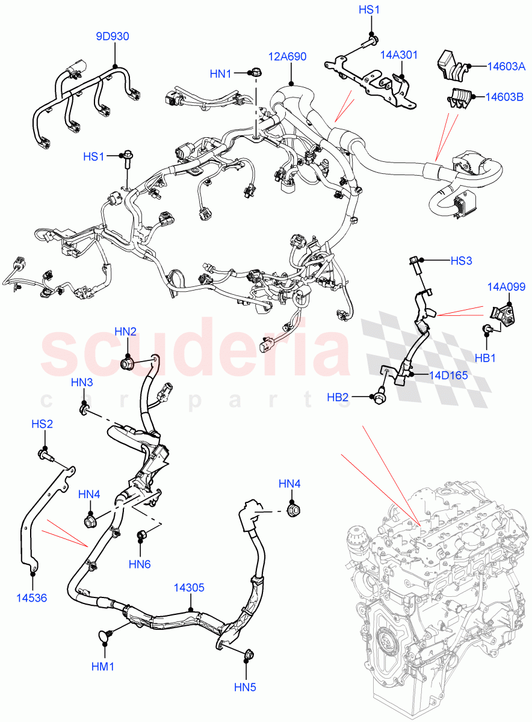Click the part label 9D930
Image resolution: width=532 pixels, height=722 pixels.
pos(113,37)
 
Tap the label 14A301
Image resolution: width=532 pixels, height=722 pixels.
pos(398,54)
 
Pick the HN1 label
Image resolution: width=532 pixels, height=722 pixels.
pos(221,73)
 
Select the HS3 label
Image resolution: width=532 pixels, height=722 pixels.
pos(462,261)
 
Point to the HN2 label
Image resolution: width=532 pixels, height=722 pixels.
pos(126,331)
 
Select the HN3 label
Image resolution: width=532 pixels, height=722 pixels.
pos(81,382)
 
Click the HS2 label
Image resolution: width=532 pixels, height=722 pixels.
pos(42,424)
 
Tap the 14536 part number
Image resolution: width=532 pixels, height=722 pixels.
pos(32,598)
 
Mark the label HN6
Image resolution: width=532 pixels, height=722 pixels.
pos(140,564)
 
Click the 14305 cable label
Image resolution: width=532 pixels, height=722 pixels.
pos(189,586)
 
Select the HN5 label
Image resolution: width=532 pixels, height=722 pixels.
pos(246,687)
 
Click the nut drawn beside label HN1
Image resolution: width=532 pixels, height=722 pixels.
pos(256,73)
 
